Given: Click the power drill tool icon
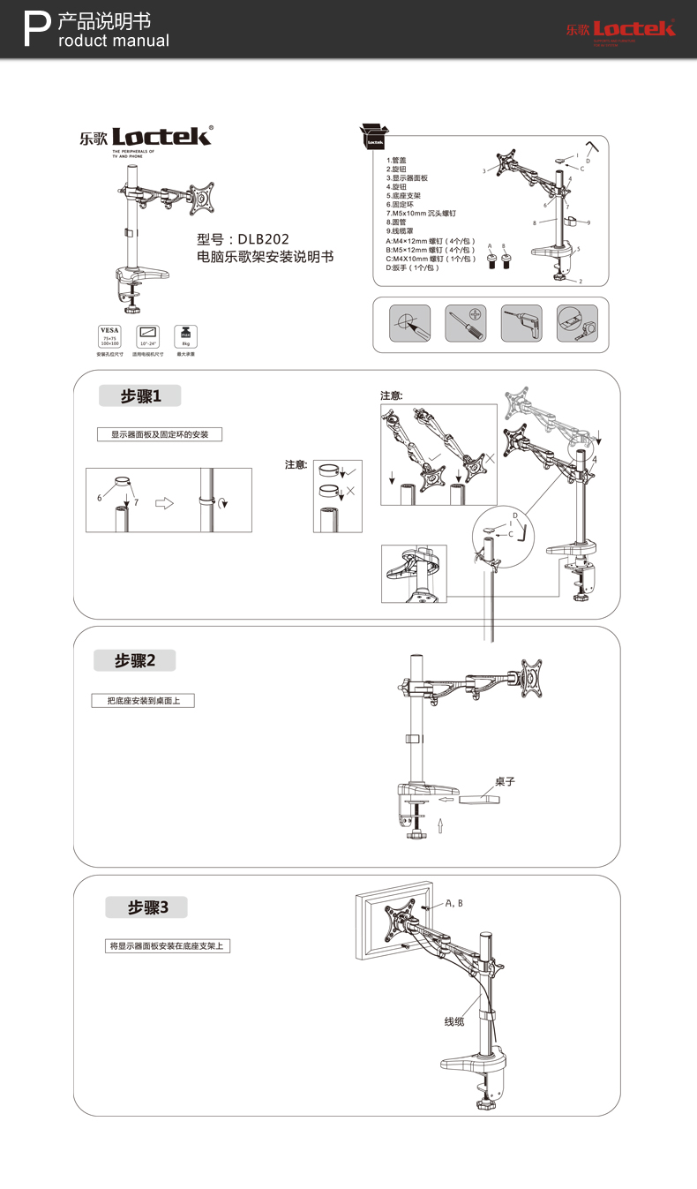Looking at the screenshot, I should [x=521, y=323].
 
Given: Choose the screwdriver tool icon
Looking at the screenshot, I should [x=465, y=323].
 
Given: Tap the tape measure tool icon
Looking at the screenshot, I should [x=576, y=323].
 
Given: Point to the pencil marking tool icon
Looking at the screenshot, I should [x=409, y=323].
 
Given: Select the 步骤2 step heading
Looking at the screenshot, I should [x=134, y=660].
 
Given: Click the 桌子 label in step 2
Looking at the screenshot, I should [x=505, y=781].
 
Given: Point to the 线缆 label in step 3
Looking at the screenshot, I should [x=454, y=1021].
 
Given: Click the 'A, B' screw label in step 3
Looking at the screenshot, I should [x=454, y=903].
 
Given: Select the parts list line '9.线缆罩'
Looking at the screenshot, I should [x=400, y=230].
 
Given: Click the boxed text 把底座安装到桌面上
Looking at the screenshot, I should [x=143, y=701].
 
